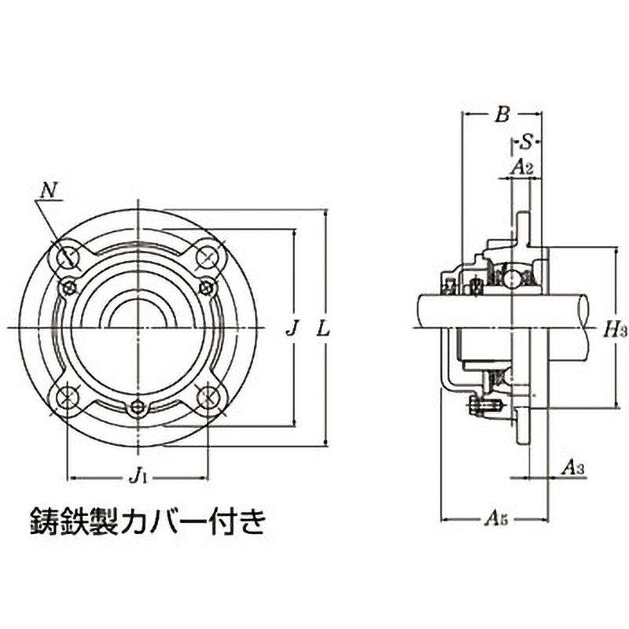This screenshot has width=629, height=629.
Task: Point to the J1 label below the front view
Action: (138, 475)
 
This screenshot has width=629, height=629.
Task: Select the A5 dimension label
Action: (495, 518)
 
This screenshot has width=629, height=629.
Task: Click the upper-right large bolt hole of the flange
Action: (208, 256)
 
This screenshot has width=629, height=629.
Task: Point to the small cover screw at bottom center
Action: (138, 407)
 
